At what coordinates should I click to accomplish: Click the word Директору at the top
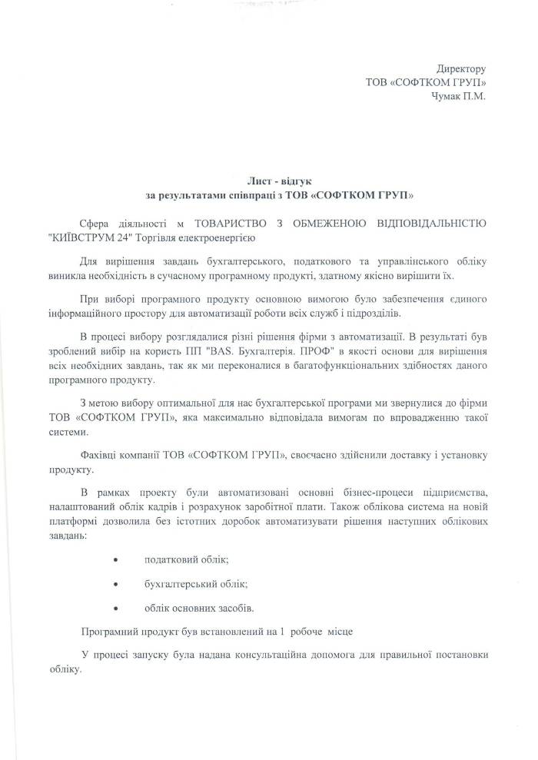click(461, 69)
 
